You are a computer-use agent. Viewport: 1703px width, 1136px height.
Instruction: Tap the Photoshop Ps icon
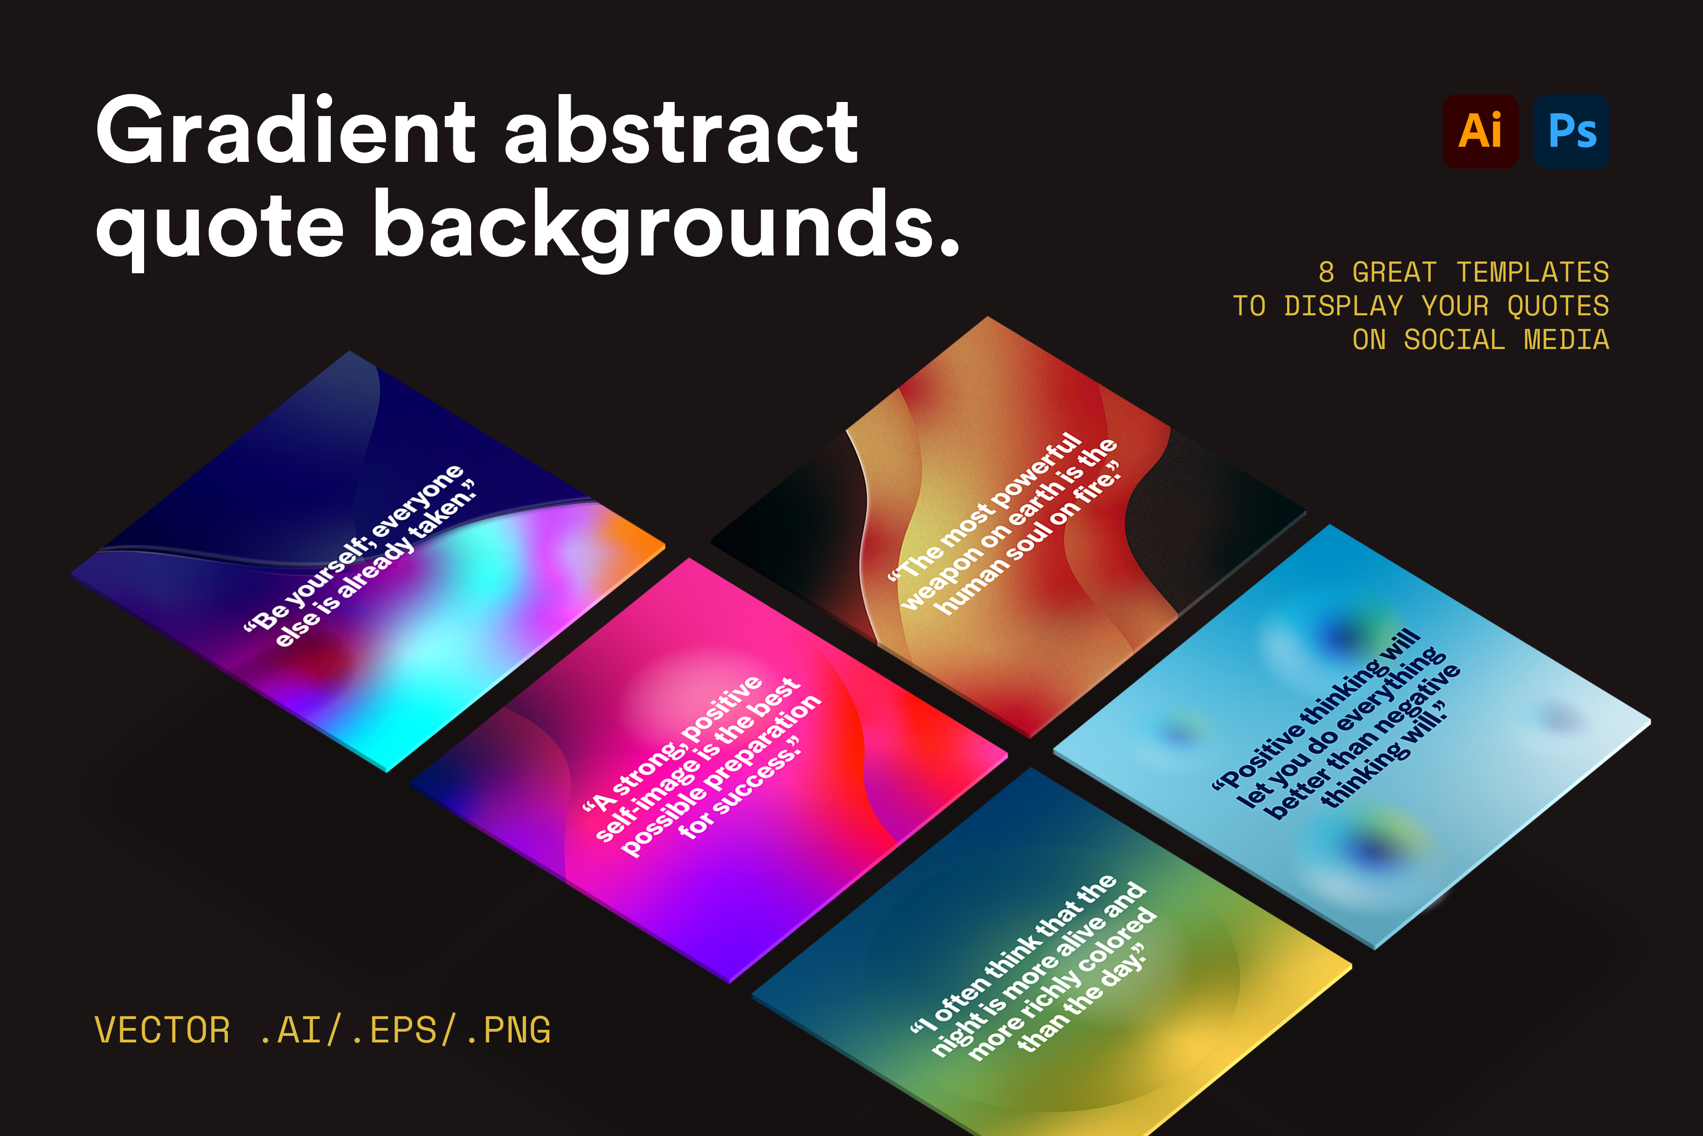1571,131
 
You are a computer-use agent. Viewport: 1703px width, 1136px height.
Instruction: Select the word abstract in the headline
681,131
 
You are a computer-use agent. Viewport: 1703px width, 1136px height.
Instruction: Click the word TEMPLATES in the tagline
1533,272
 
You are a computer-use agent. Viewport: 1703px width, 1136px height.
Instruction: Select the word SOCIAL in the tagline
1455,340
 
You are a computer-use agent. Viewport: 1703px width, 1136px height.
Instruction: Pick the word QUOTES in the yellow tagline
1558,306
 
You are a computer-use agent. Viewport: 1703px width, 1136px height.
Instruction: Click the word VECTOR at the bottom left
162,1029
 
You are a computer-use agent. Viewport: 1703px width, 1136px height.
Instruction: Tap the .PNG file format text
508,1029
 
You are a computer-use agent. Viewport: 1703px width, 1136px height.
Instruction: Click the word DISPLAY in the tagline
1344,306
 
